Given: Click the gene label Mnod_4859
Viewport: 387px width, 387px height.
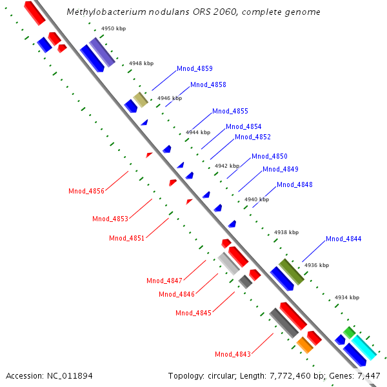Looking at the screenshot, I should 194,68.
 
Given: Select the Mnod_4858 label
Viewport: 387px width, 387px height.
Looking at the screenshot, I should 208,84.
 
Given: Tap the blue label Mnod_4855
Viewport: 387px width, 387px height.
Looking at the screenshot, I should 230,111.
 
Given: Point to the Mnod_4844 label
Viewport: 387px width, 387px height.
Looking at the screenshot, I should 343,239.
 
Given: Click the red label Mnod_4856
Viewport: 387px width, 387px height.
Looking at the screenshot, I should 86,191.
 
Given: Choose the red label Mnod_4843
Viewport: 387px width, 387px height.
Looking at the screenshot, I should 233,354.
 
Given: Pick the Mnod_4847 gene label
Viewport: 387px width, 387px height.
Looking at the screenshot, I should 164,281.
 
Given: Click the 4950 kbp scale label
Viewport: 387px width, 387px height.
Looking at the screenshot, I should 113,29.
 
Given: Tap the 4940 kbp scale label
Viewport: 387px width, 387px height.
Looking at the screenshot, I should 255,199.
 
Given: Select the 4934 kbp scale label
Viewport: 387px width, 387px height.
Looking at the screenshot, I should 346,297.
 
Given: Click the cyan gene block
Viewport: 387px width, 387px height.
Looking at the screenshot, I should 363,348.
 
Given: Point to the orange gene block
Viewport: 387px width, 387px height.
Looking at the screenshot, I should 304,345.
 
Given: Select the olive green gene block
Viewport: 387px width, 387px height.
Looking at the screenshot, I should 291,272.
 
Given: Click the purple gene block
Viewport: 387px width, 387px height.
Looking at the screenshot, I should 102,52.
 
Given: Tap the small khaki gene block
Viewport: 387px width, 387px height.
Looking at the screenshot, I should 140,99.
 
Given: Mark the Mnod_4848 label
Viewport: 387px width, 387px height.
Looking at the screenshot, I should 295,184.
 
